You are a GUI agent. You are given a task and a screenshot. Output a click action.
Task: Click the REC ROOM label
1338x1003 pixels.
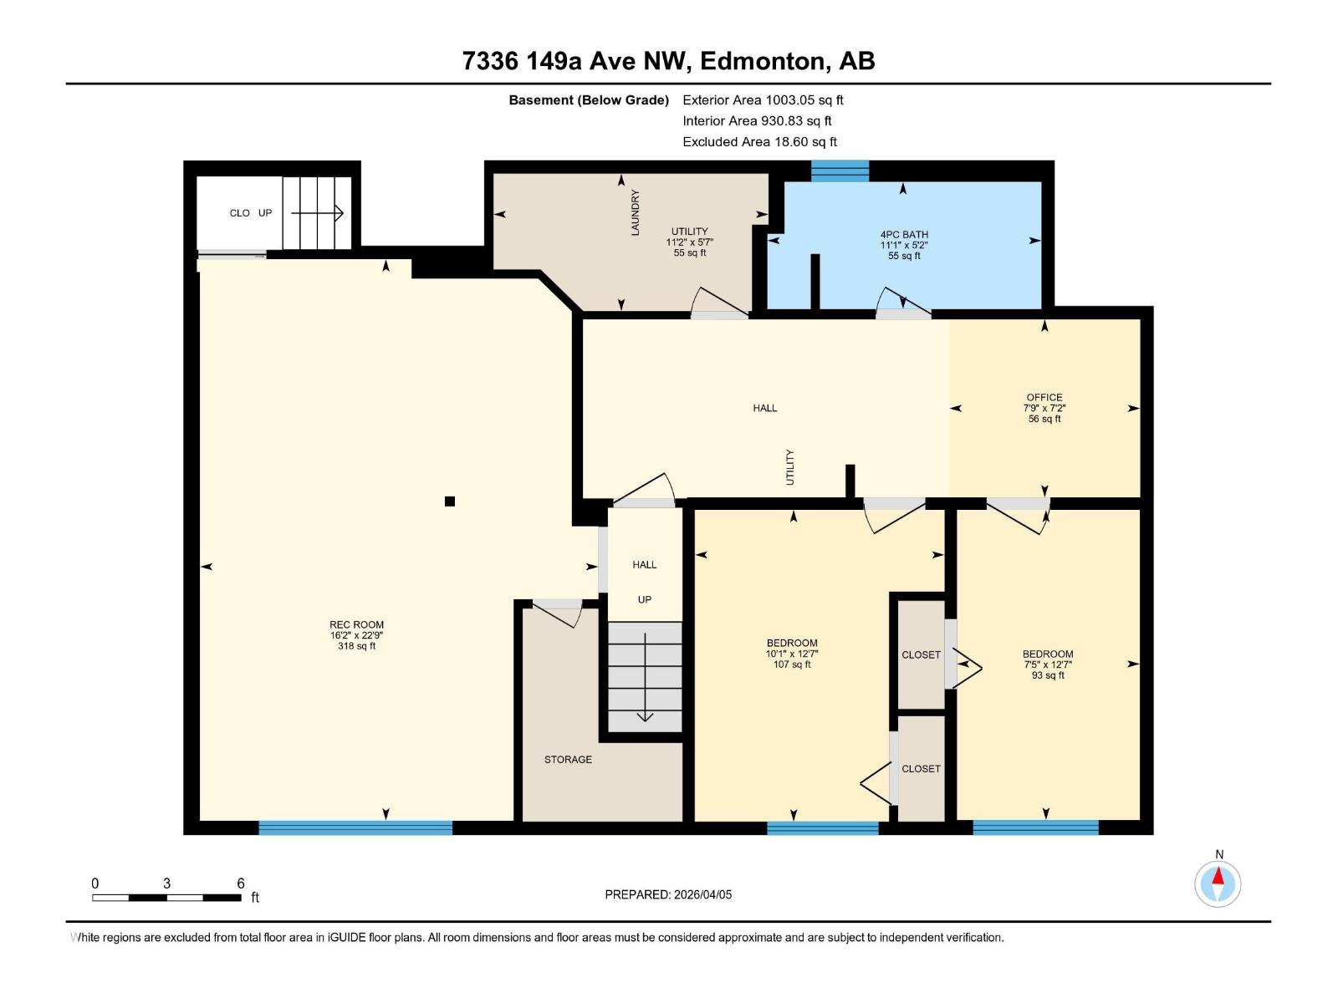(x=356, y=624)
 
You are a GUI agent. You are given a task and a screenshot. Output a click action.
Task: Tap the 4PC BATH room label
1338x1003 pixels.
(x=904, y=235)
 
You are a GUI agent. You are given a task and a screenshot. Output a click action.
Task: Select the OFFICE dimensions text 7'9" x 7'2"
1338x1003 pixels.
(x=1044, y=408)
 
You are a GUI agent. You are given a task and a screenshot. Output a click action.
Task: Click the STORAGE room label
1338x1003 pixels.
(x=568, y=759)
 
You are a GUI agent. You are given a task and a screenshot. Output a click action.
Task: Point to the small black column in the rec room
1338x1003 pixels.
(x=450, y=501)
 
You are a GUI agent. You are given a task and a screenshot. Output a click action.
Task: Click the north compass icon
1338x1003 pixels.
(x=1218, y=883)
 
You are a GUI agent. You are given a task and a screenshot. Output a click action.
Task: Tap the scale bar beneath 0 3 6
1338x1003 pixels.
(x=167, y=898)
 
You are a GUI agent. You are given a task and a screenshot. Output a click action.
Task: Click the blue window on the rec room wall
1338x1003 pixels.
(x=355, y=827)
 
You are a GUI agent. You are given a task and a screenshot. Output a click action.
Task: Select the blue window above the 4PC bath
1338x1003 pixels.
(x=840, y=171)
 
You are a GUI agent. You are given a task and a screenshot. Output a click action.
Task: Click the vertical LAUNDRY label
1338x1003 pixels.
(x=635, y=212)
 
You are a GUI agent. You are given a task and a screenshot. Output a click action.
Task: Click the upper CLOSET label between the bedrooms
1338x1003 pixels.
(x=921, y=654)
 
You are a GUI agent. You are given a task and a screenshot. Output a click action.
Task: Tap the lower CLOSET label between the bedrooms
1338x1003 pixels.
(x=921, y=768)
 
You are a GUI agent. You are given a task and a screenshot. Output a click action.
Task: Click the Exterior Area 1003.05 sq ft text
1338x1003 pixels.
(x=763, y=99)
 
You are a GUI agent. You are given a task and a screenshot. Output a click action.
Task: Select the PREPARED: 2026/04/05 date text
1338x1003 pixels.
(x=668, y=894)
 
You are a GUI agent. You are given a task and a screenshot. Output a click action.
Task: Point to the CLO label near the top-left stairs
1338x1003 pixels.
(x=239, y=213)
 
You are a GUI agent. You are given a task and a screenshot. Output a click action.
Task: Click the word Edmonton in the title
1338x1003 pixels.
(x=762, y=61)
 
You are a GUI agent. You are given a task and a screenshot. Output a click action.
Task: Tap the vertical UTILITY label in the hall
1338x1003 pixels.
(x=789, y=467)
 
